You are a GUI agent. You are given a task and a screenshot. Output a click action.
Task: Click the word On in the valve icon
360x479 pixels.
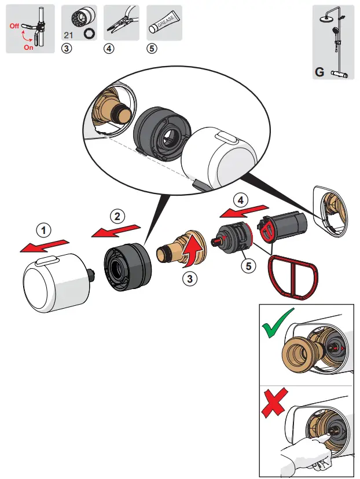pyautogui.click(x=28, y=47)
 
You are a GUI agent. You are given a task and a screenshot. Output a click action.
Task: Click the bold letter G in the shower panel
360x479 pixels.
pyautogui.click(x=319, y=72)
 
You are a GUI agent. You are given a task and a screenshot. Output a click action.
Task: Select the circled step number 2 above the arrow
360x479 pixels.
pyautogui.click(x=117, y=217)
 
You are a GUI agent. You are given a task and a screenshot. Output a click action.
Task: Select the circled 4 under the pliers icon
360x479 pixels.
pyautogui.click(x=109, y=49)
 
